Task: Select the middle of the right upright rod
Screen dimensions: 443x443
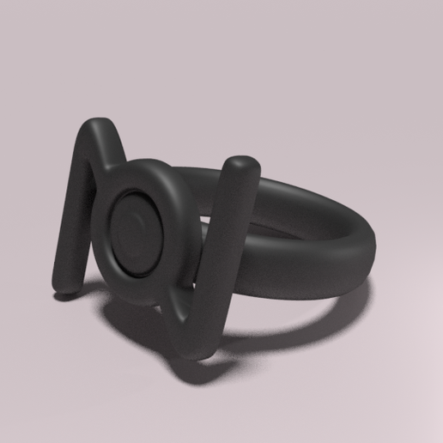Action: coord(225,249)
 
